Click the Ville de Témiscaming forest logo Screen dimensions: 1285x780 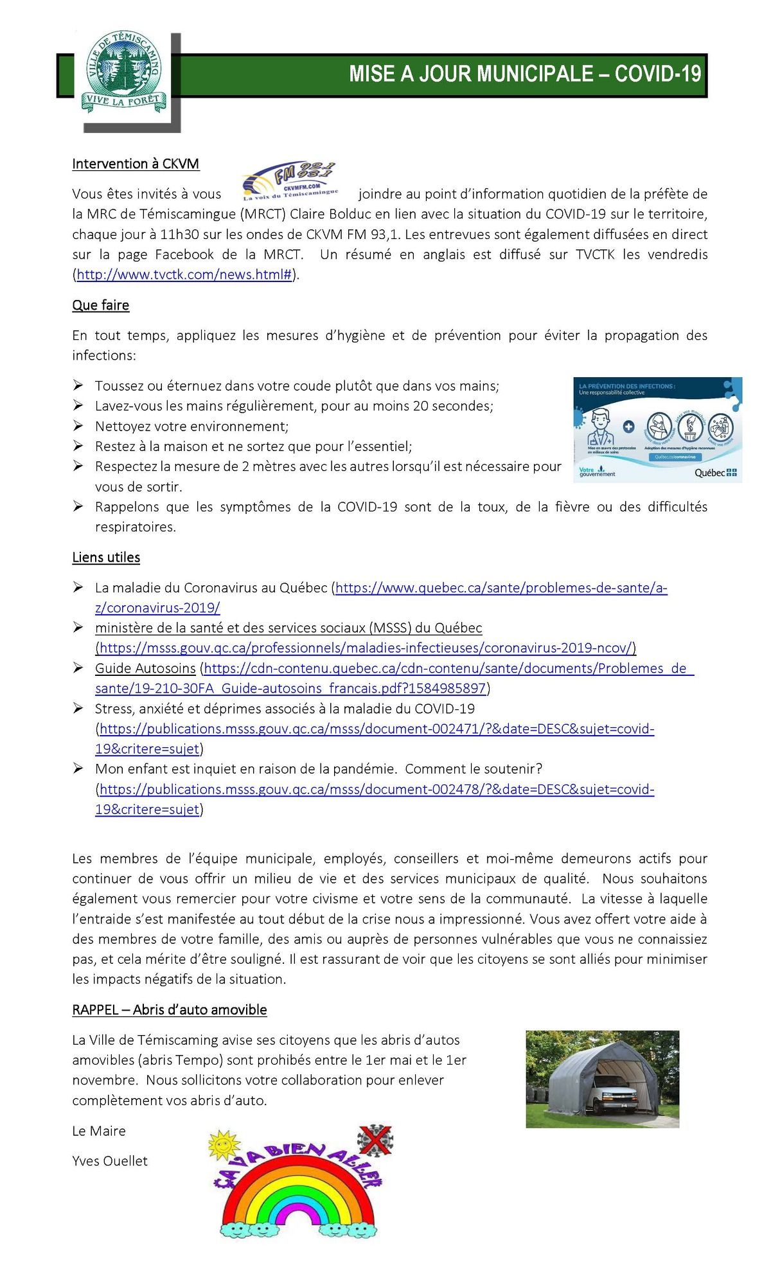(123, 74)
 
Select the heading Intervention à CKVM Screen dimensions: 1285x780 (136, 164)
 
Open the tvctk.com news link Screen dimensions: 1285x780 (184, 275)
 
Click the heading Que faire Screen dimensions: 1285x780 (101, 305)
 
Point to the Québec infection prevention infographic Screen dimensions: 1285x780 (657, 429)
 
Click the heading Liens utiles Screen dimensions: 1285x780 (106, 557)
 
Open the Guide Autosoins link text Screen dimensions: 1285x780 (145, 668)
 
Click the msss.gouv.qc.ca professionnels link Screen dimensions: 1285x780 (366, 648)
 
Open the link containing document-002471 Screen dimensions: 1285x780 (377, 729)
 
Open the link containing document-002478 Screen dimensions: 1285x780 (377, 790)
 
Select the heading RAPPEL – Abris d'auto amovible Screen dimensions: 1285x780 (170, 1009)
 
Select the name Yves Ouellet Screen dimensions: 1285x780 (110, 1161)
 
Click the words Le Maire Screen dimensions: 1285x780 (99, 1131)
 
